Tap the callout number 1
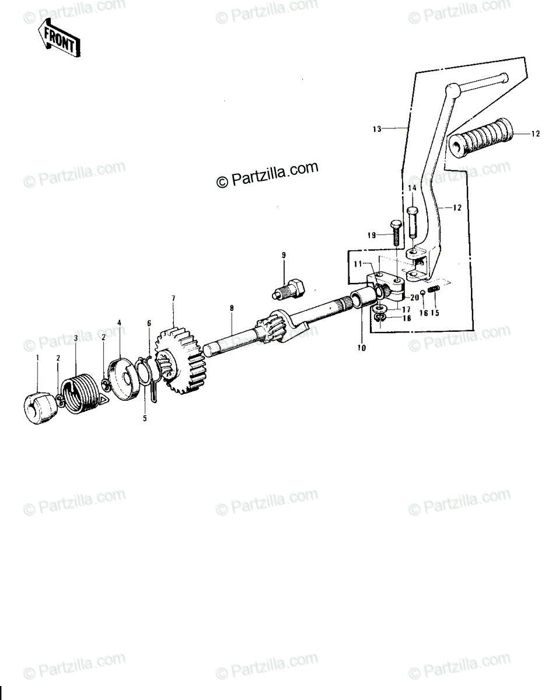pyautogui.click(x=37, y=358)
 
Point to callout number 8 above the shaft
pyautogui.click(x=232, y=308)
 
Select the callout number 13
pyautogui.click(x=377, y=129)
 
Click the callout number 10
pyautogui.click(x=362, y=348)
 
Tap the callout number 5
pyautogui.click(x=145, y=418)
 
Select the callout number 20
pyautogui.click(x=415, y=297)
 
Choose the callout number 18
pyautogui.click(x=407, y=318)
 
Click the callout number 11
pyautogui.click(x=358, y=264)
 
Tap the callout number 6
pyautogui.click(x=149, y=323)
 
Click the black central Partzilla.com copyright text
pyautogui.click(x=267, y=174)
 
